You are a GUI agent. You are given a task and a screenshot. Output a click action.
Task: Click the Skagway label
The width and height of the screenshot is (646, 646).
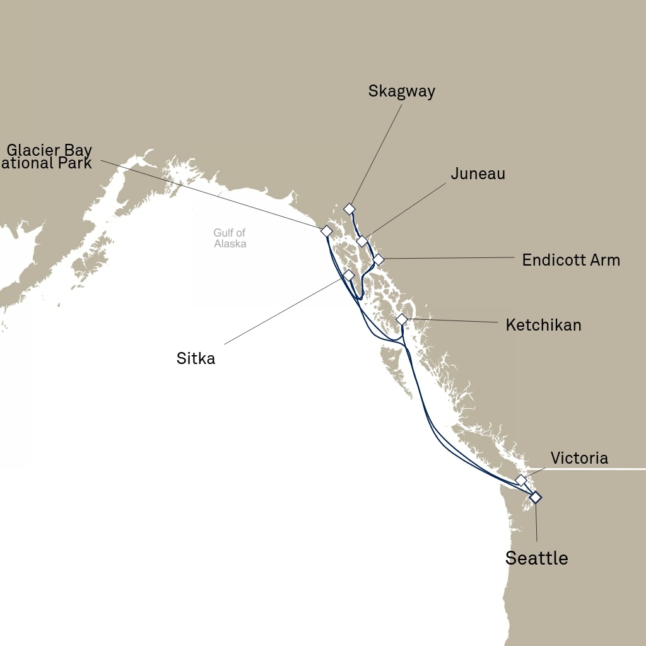401,91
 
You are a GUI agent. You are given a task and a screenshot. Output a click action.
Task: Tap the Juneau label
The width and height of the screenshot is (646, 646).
478,173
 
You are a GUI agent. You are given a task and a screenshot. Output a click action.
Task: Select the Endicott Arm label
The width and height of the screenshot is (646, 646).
570,260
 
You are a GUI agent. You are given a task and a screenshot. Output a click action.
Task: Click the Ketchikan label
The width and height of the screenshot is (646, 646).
543,325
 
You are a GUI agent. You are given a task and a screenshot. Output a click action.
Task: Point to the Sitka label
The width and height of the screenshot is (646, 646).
196,359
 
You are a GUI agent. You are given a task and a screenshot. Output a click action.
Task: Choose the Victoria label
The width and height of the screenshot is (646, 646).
579,458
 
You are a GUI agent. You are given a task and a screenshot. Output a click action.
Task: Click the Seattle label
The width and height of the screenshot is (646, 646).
536,558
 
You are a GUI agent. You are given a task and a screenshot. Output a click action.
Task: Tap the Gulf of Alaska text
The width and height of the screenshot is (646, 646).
230,238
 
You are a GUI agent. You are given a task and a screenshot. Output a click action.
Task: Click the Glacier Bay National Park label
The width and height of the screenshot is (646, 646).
49,157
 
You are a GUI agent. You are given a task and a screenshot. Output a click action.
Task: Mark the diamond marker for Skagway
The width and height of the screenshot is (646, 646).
349,209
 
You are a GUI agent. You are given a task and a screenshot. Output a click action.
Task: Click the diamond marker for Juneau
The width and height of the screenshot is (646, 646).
362,241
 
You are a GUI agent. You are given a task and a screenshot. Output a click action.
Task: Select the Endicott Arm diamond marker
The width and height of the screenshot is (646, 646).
378,259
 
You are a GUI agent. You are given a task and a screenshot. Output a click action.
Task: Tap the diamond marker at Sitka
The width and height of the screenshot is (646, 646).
349,275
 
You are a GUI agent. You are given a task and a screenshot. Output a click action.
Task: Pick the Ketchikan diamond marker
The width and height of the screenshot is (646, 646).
402,319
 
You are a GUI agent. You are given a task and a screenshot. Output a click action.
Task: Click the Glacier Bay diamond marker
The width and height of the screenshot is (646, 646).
326,231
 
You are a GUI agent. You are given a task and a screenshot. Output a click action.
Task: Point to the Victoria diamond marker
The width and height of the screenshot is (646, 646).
521,480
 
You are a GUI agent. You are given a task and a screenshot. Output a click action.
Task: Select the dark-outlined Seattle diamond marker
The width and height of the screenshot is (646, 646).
536,497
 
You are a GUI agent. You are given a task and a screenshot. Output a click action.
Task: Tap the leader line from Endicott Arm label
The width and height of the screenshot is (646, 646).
448,258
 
